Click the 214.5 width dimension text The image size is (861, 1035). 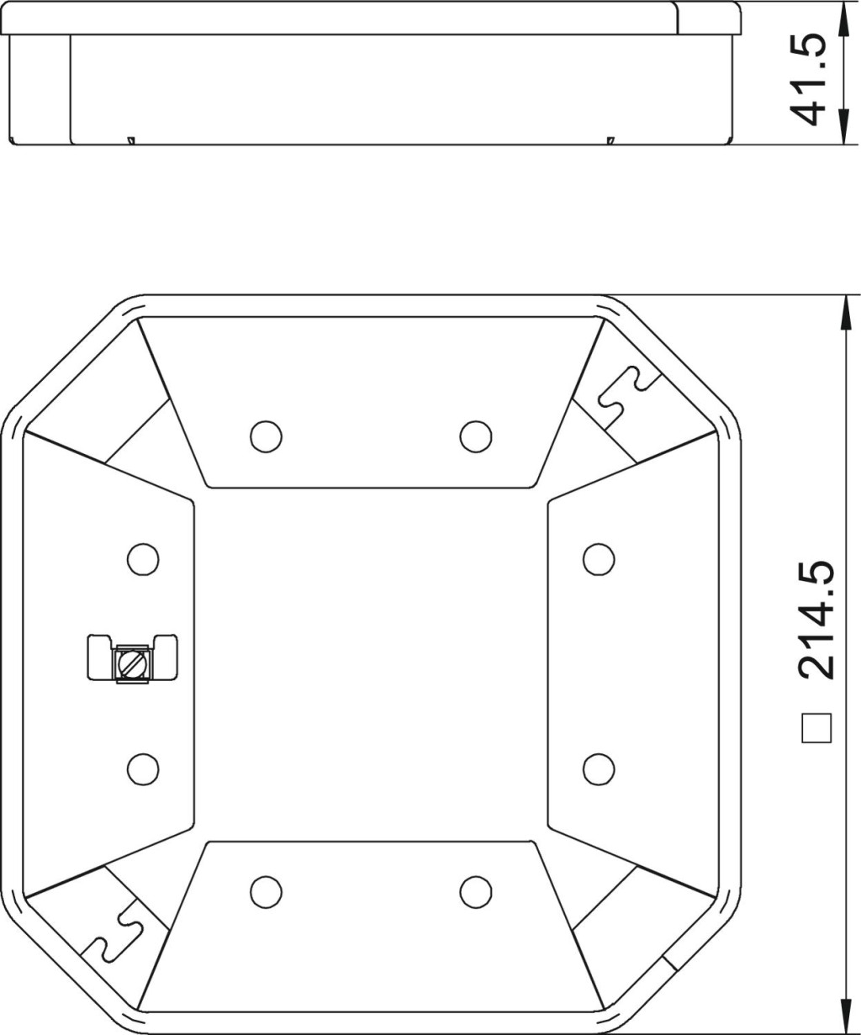coord(816,620)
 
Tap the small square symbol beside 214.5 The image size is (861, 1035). coord(816,728)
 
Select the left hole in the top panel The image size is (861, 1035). coord(267,436)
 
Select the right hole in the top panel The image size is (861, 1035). coord(476,436)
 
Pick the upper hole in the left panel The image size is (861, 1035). coord(143,560)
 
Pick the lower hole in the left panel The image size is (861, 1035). coord(143,769)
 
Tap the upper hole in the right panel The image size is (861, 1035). coord(599,560)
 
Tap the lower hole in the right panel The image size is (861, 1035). coord(599,769)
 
